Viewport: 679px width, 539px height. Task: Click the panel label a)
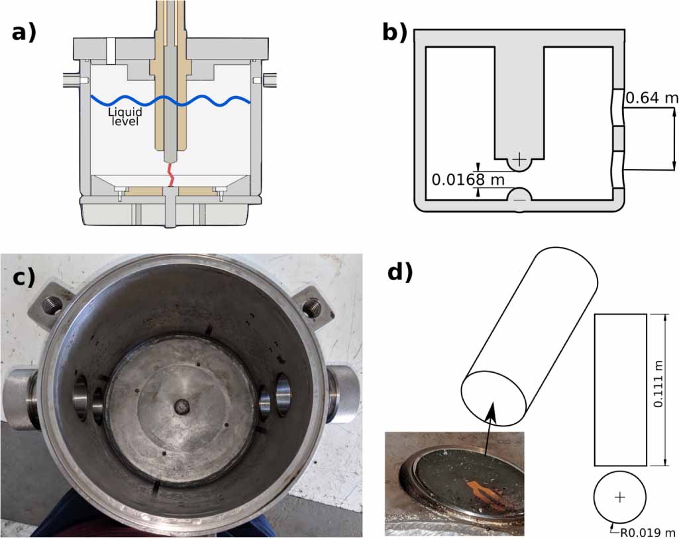coord(24,31)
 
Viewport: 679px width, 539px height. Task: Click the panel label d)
coord(398,271)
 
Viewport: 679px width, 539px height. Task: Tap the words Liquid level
coord(126,117)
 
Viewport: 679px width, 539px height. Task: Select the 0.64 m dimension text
coord(652,98)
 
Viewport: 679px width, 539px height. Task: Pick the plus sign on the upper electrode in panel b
coord(520,160)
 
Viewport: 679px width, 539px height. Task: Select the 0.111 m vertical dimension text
coord(659,391)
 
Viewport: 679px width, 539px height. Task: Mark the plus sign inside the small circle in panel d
coord(620,497)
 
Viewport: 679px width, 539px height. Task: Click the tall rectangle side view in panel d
coord(620,390)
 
